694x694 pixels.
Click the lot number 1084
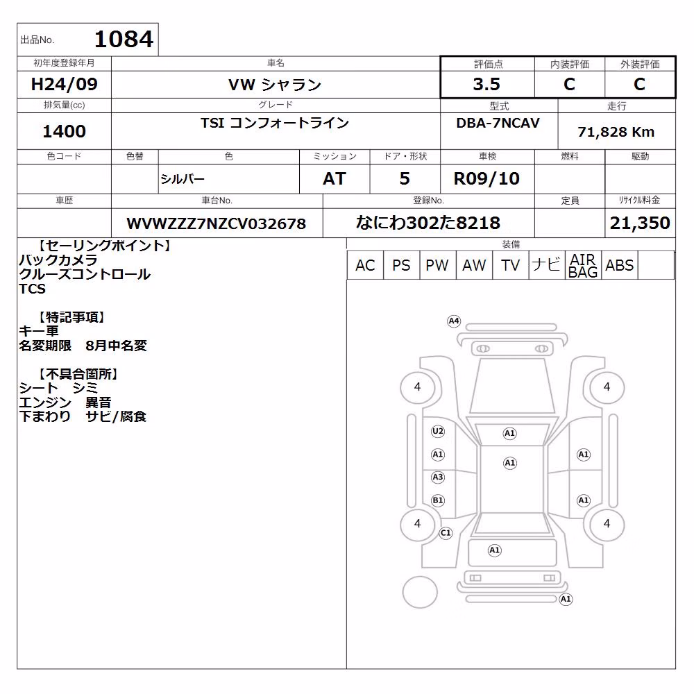point(124,39)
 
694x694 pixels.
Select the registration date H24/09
point(64,84)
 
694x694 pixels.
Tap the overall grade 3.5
point(486,84)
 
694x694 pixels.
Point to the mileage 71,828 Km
point(616,132)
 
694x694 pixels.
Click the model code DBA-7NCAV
point(498,123)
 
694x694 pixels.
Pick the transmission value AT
point(335,179)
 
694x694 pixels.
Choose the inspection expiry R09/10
point(486,179)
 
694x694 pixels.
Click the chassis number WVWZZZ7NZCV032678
point(217,223)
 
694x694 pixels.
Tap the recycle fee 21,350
point(640,223)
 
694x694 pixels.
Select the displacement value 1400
point(64,131)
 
